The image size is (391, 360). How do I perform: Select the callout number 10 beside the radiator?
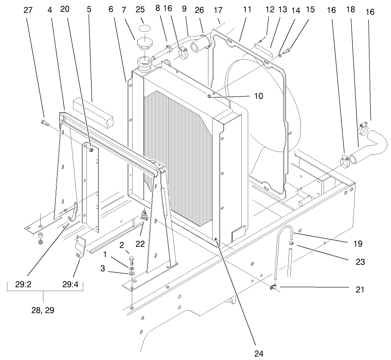pyautogui.click(x=258, y=96)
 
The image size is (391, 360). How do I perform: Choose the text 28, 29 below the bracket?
pyautogui.click(x=43, y=310)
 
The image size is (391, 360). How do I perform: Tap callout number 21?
pyautogui.click(x=360, y=290)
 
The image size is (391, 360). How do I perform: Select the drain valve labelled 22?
pyautogui.click(x=144, y=215)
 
